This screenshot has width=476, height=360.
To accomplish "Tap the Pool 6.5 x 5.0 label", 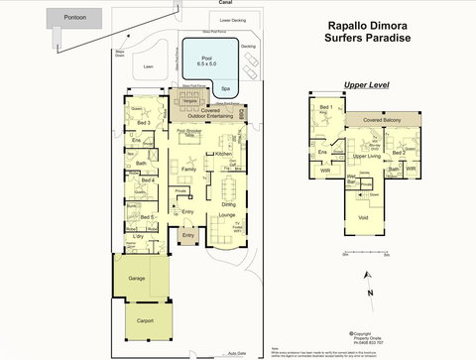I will (207, 62).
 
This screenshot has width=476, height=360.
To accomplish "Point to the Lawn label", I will (150, 67).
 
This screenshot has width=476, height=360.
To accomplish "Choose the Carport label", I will (145, 320).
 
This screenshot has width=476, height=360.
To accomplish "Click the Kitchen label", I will (223, 155).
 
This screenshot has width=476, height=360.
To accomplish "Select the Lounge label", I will (226, 214).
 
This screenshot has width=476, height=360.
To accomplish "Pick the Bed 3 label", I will (144, 123).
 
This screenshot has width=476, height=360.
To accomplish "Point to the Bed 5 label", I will (146, 216).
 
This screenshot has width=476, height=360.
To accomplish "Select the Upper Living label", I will (367, 157).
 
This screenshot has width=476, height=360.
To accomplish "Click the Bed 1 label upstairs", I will (326, 106).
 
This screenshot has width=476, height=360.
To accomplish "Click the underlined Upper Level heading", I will (364, 85).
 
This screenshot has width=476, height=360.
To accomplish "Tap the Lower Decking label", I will (233, 20).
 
